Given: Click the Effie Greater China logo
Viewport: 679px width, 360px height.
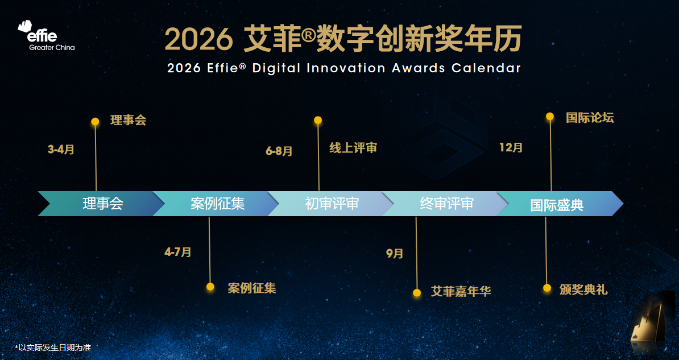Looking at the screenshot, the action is [x=46, y=35].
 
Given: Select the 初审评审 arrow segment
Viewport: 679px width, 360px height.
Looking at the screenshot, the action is [x=331, y=204].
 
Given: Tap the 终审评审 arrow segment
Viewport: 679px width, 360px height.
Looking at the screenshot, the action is [x=446, y=204].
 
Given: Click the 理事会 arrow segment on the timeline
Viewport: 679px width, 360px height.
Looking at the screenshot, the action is [x=101, y=204].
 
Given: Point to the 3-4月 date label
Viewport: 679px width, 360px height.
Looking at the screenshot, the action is [x=61, y=150].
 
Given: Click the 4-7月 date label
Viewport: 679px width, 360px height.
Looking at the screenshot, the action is [x=178, y=252].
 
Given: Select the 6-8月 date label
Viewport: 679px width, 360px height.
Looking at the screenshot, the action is [x=279, y=151].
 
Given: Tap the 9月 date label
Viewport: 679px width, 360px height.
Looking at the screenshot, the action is [x=395, y=254].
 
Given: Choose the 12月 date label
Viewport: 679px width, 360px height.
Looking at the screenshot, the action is [x=511, y=147].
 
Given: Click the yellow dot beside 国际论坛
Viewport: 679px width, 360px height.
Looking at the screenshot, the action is [x=550, y=116].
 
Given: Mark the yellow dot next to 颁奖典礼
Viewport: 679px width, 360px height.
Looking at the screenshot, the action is [x=547, y=288].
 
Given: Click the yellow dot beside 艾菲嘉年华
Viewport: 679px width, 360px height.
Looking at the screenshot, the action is [x=417, y=293].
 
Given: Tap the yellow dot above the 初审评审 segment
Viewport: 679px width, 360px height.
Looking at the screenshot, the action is [x=318, y=120].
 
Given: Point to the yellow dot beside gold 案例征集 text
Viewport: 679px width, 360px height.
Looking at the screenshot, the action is [x=210, y=287].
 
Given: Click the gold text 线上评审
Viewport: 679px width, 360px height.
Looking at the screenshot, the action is [x=353, y=148].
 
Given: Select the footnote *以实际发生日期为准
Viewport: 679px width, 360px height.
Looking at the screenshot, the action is [x=53, y=347].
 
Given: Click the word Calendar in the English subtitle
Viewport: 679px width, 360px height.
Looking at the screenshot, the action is [x=486, y=68].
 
